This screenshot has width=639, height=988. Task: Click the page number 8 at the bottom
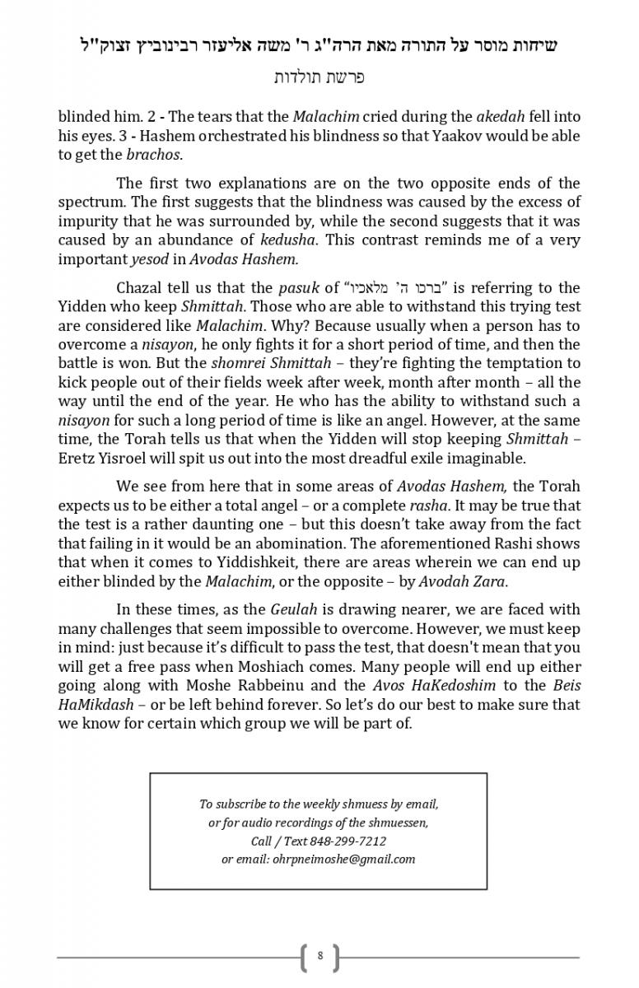319,956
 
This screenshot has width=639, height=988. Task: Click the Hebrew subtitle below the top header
319,77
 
